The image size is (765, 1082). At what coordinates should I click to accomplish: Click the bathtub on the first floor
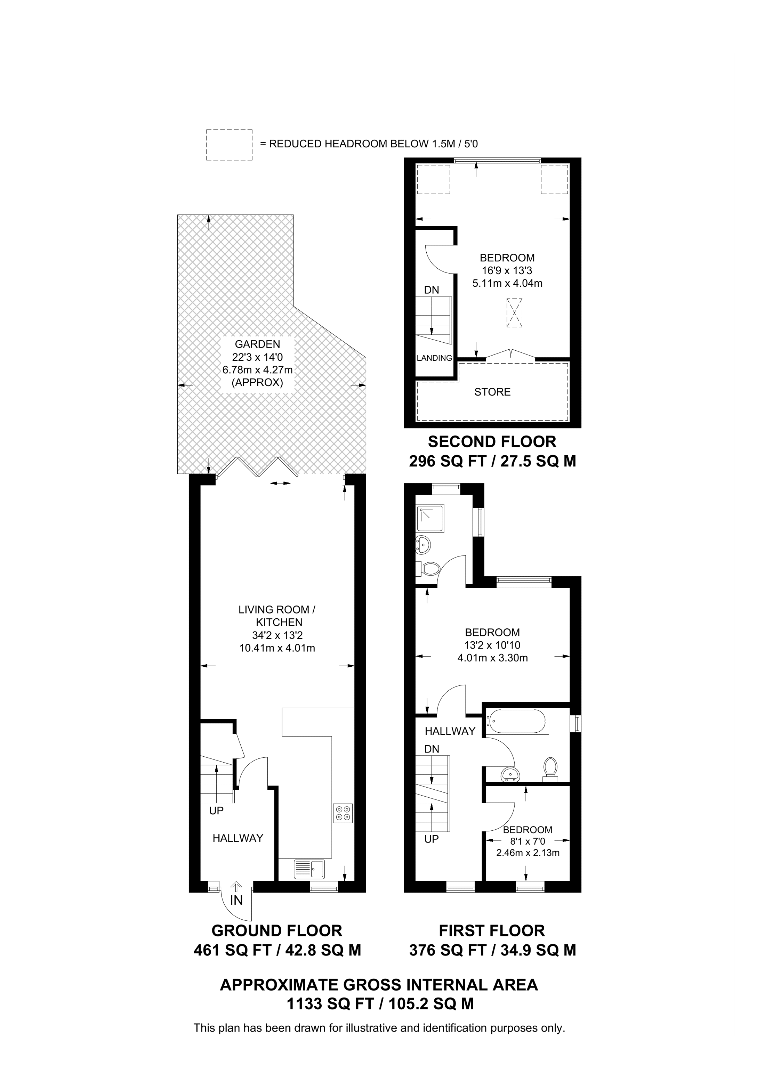[517, 722]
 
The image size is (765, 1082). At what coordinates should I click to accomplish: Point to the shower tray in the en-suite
[430, 518]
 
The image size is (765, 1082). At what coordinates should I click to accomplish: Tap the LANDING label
[434, 358]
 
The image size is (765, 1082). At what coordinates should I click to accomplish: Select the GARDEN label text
[257, 344]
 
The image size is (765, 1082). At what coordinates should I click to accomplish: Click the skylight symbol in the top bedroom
[514, 312]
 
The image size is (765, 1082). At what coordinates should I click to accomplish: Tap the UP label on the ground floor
[216, 811]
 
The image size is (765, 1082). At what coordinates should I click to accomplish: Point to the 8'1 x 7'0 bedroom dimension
[528, 841]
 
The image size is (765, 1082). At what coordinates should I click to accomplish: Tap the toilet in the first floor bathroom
[550, 767]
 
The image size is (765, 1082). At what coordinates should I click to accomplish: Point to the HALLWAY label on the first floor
[450, 731]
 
